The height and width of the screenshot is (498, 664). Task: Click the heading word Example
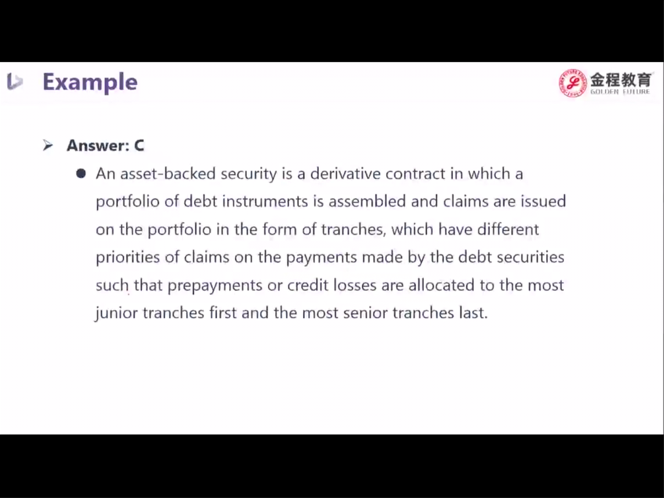(89, 82)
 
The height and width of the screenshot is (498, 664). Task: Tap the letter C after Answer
(139, 145)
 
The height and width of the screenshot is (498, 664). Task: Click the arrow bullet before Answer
(48, 145)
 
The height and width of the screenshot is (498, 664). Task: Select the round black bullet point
(81, 174)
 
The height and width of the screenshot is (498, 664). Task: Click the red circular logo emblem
(573, 82)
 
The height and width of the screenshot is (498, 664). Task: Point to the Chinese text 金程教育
(621, 79)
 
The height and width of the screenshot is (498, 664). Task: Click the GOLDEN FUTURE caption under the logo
(620, 91)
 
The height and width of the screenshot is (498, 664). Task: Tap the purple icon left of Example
(14, 81)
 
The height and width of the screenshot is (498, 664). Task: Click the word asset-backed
(168, 174)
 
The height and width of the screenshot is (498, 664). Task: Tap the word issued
(543, 201)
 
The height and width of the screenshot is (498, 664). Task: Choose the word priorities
(128, 257)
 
